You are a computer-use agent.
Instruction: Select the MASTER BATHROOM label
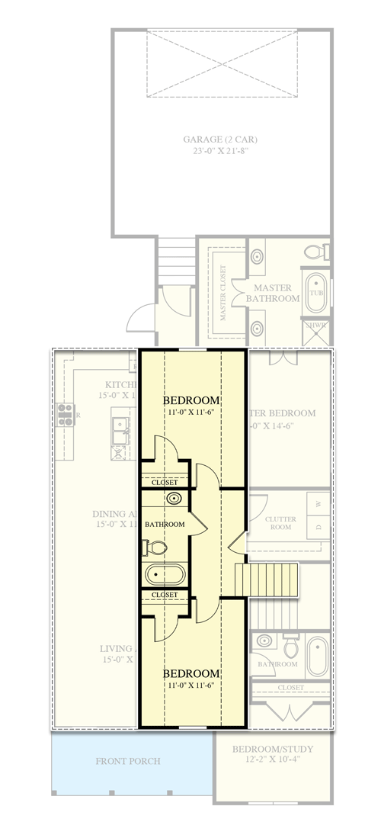[x=276, y=293]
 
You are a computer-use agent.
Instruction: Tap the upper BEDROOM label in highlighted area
[x=192, y=400]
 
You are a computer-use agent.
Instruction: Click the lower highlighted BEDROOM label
[x=192, y=674]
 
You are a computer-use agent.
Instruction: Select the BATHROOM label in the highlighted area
[x=165, y=524]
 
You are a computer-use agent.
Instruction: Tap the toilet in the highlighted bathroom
[x=155, y=547]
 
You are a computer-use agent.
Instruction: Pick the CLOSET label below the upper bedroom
[x=165, y=482]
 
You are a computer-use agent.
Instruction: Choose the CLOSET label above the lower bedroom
[x=165, y=595]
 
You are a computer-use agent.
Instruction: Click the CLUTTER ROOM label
[x=280, y=523]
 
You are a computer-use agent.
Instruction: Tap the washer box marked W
[x=319, y=504]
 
